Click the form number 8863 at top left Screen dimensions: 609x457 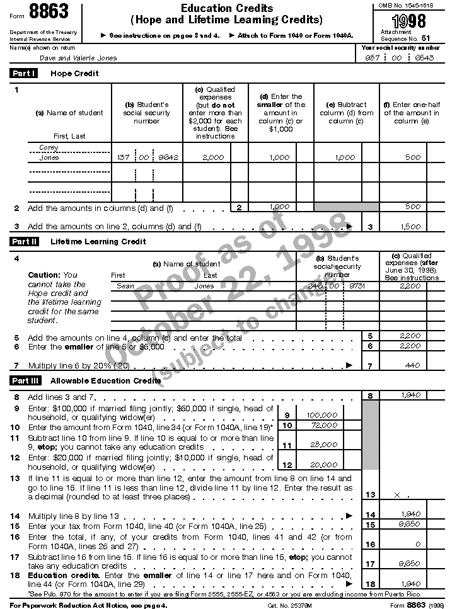coord(47,12)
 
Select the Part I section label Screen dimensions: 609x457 coord(24,74)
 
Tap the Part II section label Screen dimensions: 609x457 coord(24,241)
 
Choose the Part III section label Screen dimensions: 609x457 coord(25,380)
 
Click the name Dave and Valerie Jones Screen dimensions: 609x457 coord(78,58)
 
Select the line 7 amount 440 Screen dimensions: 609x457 coord(413,365)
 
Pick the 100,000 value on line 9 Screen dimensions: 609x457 coord(321,416)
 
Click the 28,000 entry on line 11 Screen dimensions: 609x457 coord(324,445)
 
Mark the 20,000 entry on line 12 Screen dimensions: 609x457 coord(324,465)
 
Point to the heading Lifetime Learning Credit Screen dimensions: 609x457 coord(98,242)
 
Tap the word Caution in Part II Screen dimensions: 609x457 coord(43,275)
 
